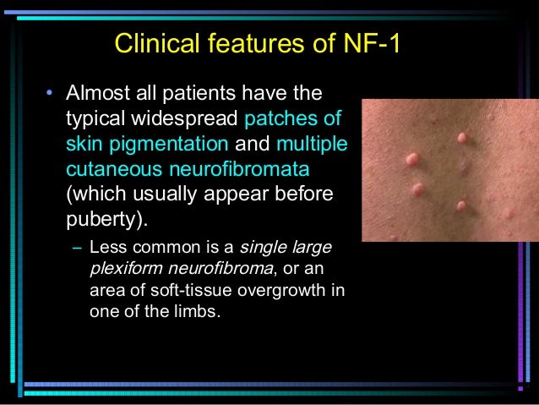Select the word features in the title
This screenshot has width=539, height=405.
coord(245,43)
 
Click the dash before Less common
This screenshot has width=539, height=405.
coord(77,249)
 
